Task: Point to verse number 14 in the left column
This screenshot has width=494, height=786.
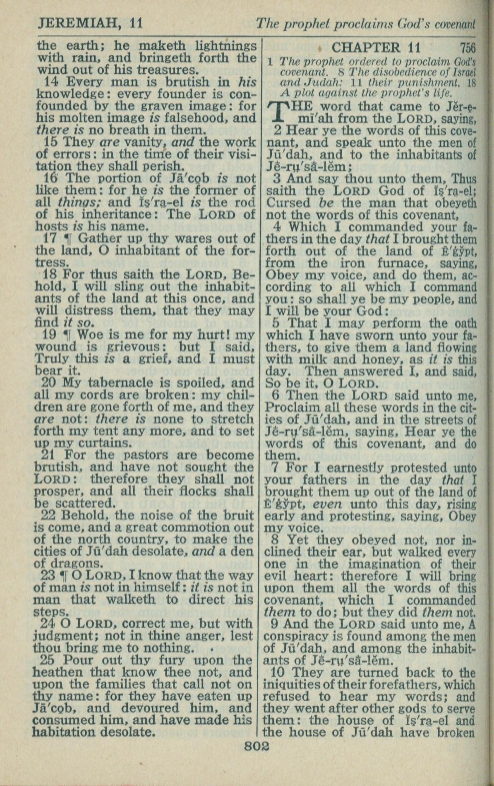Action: pos(51,82)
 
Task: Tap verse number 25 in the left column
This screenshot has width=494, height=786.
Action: pos(51,660)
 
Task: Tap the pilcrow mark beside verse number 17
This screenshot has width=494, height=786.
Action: pos(66,239)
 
